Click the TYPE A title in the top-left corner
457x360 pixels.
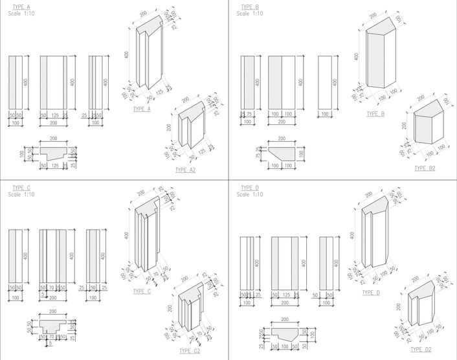[21, 7]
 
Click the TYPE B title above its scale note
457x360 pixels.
[250, 7]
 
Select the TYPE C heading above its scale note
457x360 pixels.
[21, 188]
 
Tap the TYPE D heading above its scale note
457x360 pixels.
[250, 188]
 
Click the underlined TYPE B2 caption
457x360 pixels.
[425, 168]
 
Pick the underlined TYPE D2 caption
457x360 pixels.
[425, 349]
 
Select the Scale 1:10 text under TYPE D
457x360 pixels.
[250, 194]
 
